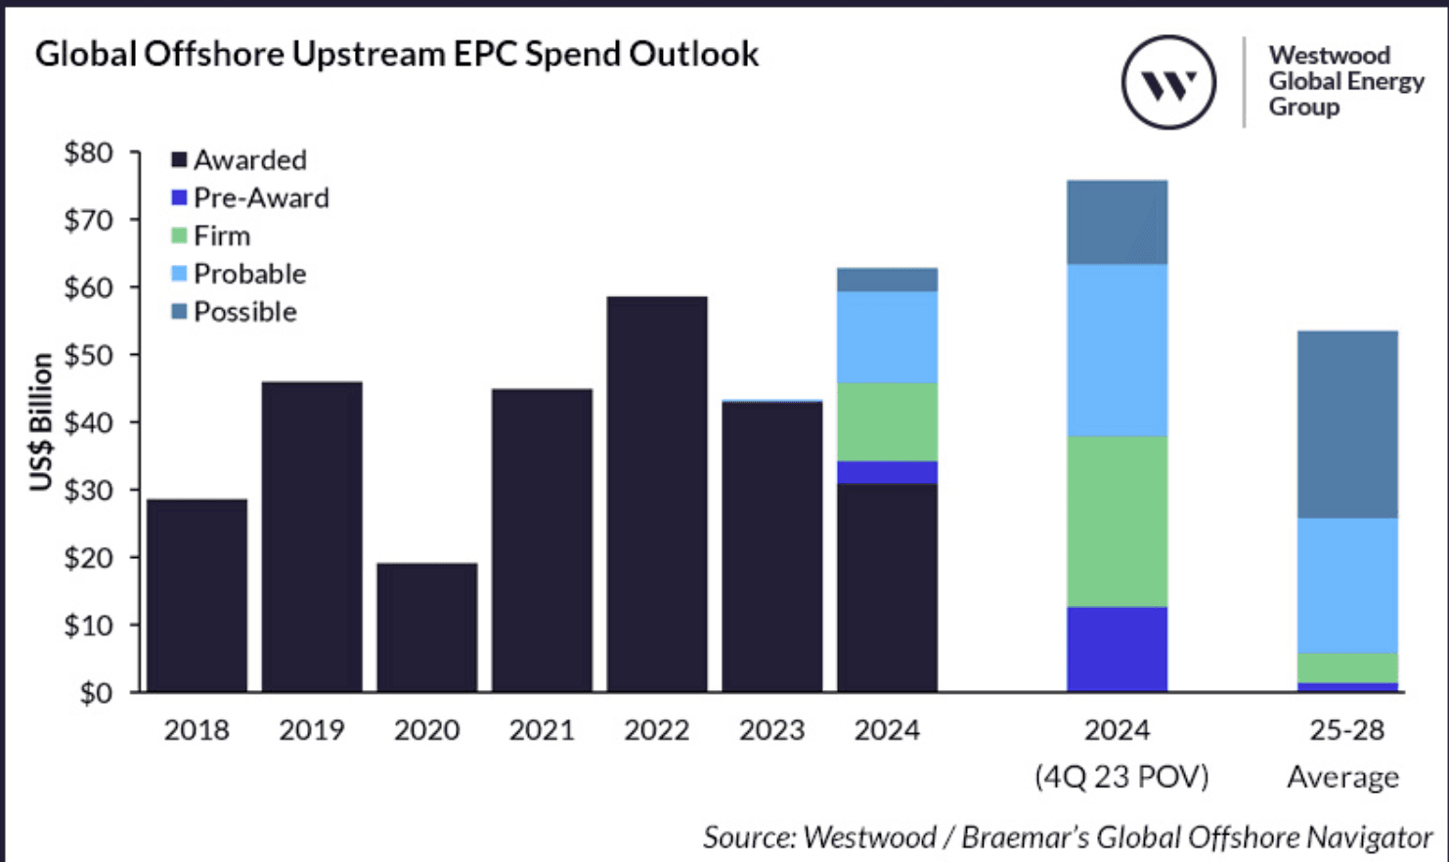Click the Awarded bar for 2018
coord(197,596)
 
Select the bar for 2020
coord(427,627)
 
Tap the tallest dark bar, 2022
coord(657,494)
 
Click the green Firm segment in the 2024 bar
coord(888,421)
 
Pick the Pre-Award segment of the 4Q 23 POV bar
coord(1117,649)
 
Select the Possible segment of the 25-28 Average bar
coord(1347,424)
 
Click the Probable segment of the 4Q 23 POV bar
coord(1117,350)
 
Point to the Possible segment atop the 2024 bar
coord(888,280)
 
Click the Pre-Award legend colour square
coord(179,197)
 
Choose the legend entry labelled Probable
coord(249,274)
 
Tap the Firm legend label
coord(222,236)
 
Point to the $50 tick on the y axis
coord(89,355)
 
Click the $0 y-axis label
coord(96,693)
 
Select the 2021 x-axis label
coord(542,730)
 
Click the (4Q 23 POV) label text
coord(1121,777)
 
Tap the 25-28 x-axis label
coord(1346,730)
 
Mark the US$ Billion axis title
coord(41,422)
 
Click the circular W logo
coord(1168,83)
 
